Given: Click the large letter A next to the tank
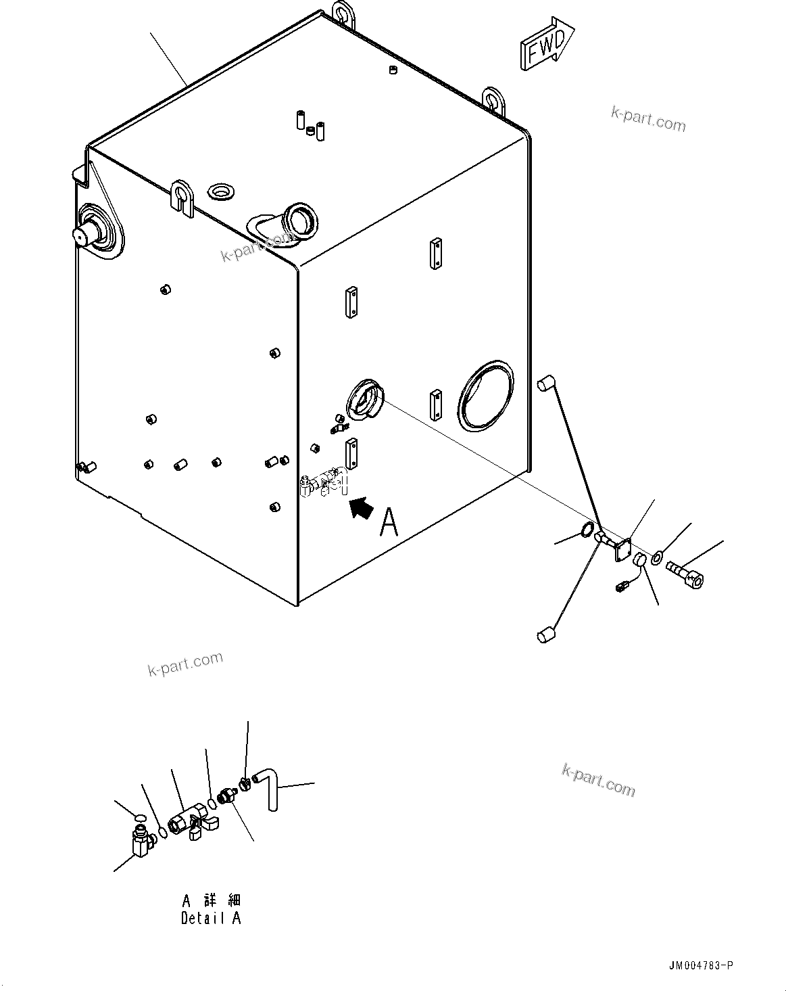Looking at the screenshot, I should point(389,522).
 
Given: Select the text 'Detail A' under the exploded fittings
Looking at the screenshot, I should point(210,918).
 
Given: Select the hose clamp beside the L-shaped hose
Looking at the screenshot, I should point(245,783).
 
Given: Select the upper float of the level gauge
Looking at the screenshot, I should point(545,385).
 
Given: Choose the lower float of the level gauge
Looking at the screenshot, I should point(546,635).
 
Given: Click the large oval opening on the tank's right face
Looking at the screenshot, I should point(485,396).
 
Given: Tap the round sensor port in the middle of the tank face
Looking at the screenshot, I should point(365,399).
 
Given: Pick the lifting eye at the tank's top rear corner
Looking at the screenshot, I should point(344,11).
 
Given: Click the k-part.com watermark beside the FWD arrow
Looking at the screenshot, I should point(647,119).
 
